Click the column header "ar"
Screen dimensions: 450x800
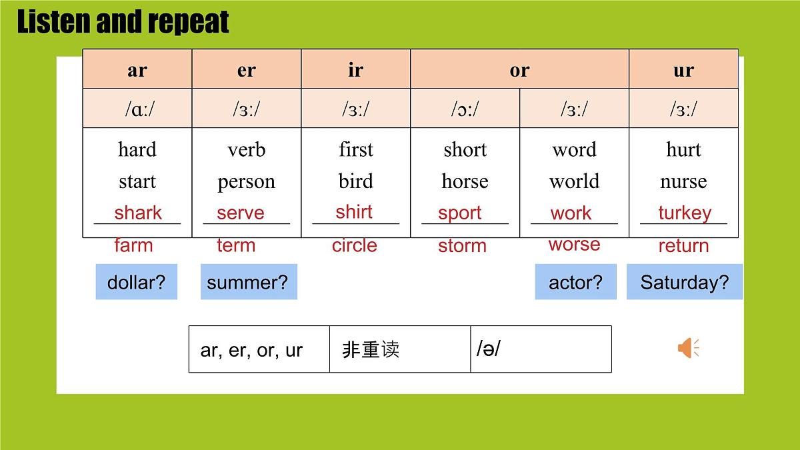pos(137,70)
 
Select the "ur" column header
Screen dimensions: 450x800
pos(683,70)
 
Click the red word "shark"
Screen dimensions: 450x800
pos(138,213)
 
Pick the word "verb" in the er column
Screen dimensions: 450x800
pos(246,149)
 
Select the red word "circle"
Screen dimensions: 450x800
pos(355,245)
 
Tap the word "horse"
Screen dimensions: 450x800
pos(465,181)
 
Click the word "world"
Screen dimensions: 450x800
pos(574,181)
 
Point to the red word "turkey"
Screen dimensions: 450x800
pos(685,213)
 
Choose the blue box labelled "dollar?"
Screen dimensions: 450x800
pos(137,282)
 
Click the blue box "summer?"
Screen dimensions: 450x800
pos(248,282)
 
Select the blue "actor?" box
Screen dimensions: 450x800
pos(575,282)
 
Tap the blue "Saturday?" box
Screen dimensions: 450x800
pos(685,282)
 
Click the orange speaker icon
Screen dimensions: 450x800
pos(688,348)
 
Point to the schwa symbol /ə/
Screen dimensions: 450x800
pos(489,348)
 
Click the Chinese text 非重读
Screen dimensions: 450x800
pos(371,349)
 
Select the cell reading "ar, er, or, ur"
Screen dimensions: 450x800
pos(252,350)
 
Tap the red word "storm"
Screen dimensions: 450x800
pos(462,246)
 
